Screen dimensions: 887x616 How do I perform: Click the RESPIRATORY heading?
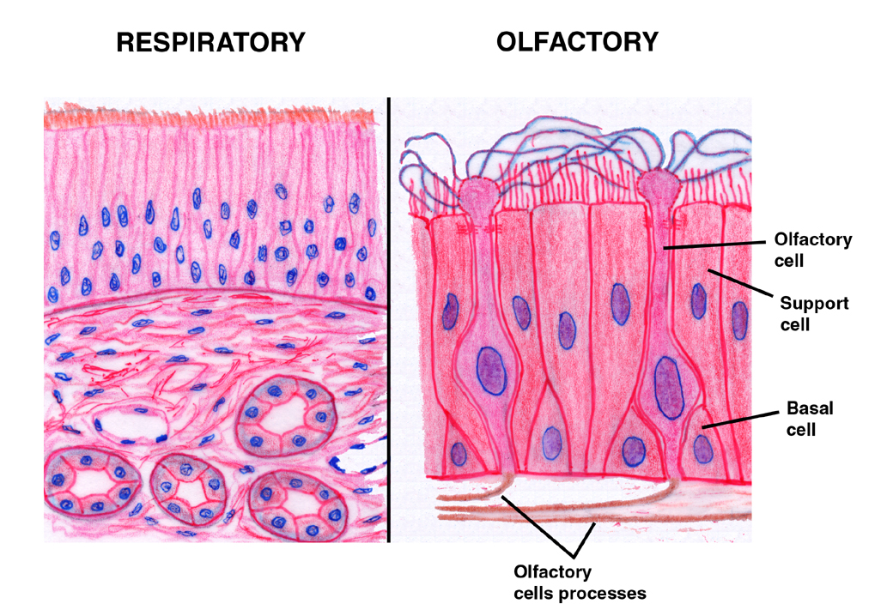210,42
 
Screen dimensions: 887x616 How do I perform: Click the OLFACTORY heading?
577,42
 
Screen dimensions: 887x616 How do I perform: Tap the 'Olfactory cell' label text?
813,250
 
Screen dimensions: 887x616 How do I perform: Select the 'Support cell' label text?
814,314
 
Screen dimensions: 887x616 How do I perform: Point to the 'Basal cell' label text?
810,419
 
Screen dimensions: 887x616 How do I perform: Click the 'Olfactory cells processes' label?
580,583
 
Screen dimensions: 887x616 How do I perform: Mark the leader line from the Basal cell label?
740,420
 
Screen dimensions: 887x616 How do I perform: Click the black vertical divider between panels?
389,320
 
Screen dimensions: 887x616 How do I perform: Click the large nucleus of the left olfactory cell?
491,370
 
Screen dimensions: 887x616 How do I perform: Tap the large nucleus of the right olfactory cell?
669,388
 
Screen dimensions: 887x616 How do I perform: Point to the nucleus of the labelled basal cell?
703,450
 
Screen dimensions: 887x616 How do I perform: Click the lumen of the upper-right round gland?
287,416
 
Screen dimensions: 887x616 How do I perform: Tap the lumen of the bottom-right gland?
298,504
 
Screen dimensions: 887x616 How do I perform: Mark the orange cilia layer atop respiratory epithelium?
210,117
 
